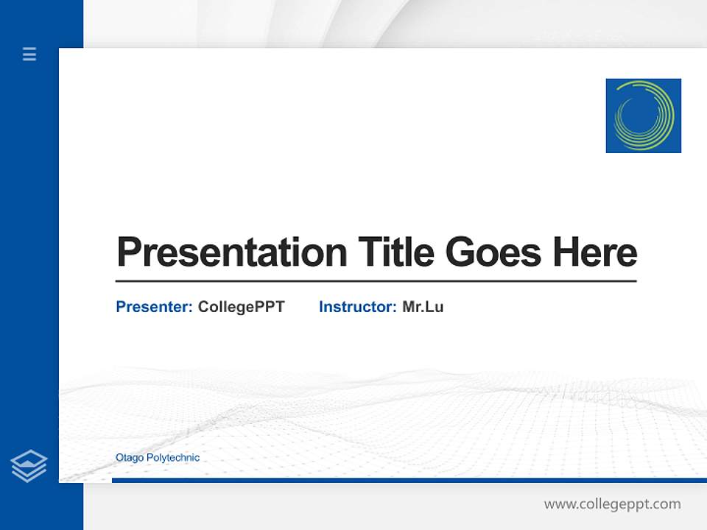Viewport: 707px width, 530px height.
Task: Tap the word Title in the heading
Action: [x=395, y=252]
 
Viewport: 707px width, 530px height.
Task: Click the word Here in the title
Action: [x=595, y=252]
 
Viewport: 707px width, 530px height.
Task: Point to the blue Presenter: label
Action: [x=154, y=307]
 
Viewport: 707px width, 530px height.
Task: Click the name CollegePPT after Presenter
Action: [x=241, y=307]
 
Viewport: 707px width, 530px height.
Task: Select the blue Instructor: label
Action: [x=357, y=307]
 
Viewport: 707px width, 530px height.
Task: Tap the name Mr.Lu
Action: [x=423, y=307]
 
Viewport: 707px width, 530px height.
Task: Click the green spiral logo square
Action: [x=643, y=116]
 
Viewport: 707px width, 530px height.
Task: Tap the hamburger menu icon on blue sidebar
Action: [x=29, y=54]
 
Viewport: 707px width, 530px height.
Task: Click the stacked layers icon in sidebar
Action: [x=29, y=466]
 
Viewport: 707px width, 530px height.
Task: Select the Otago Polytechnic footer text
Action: [x=158, y=458]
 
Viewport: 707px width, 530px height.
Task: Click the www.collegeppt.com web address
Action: [x=612, y=504]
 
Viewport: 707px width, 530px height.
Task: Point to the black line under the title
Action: [x=376, y=280]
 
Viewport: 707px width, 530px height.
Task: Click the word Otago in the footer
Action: [x=130, y=458]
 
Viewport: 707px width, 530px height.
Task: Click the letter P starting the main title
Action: [x=128, y=252]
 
